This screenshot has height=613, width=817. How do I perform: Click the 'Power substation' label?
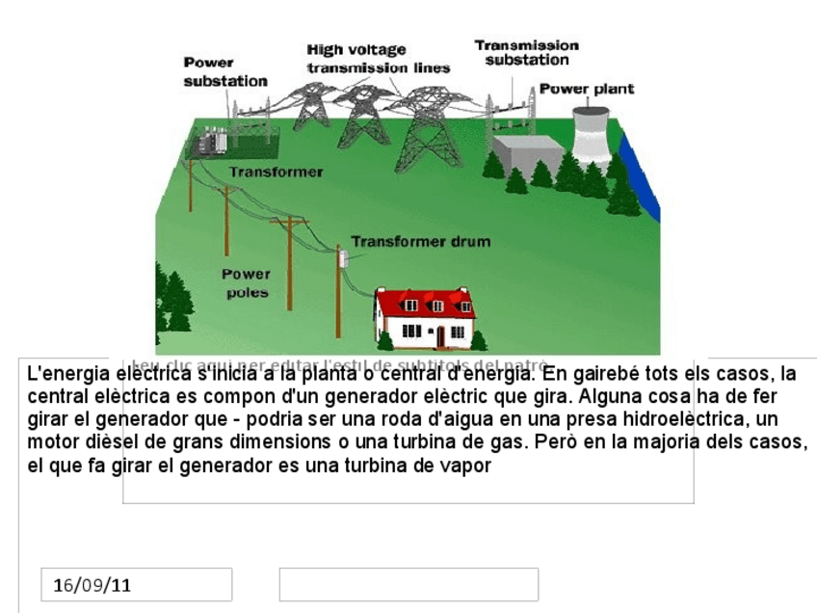(x=224, y=72)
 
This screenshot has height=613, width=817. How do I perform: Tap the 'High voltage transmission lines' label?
(x=378, y=59)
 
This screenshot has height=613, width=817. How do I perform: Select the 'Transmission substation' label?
(x=526, y=52)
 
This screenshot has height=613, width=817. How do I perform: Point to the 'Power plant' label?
(x=586, y=89)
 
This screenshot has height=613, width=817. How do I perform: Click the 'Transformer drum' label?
(x=420, y=242)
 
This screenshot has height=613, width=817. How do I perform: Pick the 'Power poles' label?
(x=248, y=282)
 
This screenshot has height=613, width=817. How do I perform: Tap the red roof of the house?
(x=424, y=303)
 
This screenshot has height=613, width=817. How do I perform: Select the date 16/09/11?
(x=92, y=584)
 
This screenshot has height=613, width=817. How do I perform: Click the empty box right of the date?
(x=408, y=584)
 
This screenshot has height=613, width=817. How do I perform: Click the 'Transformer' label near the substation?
(x=276, y=172)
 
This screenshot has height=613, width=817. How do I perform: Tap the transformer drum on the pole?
(x=341, y=257)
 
